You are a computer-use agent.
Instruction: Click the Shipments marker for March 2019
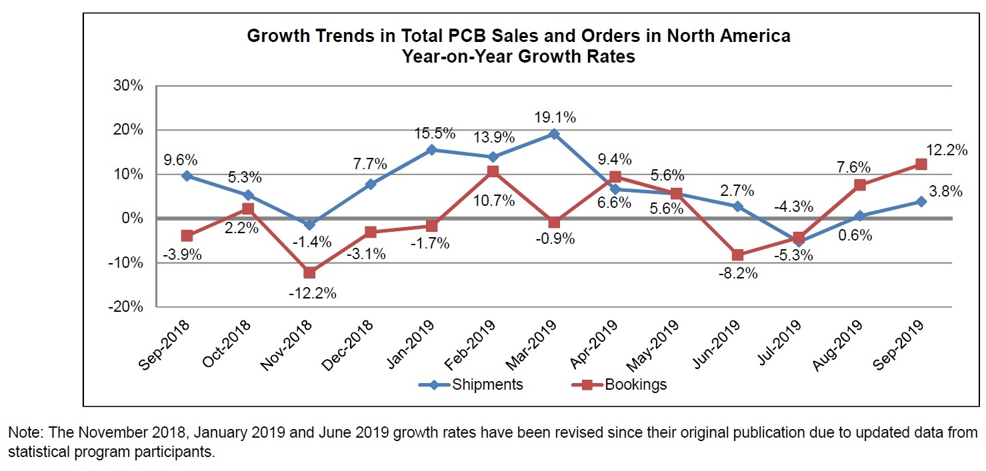553,134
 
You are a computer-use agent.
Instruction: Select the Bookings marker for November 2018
309,272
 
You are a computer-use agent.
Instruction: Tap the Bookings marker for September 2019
921,165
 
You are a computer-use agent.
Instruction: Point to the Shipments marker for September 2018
187,176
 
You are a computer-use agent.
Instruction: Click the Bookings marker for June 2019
737,254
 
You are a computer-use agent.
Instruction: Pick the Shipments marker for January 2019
431,150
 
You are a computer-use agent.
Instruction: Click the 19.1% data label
554,117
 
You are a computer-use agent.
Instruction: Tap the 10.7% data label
493,200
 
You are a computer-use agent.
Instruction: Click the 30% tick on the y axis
128,86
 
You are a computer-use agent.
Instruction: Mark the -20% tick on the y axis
125,307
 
